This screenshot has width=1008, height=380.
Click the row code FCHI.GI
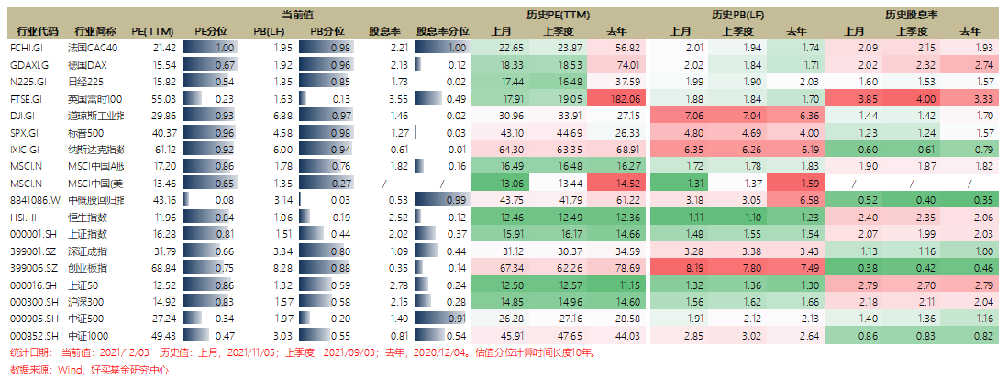tap(25, 47)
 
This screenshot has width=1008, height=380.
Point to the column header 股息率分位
tap(441, 30)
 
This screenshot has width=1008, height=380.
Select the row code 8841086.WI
tap(35, 200)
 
